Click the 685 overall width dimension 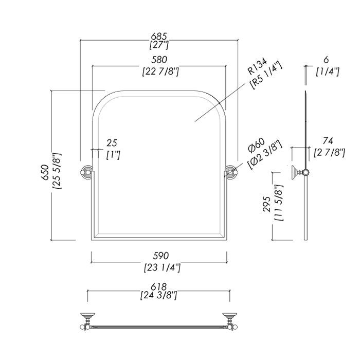point(159,37)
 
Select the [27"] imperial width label point(159,46)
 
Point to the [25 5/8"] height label point(57,171)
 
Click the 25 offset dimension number point(112,142)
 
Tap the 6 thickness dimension point(327,60)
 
